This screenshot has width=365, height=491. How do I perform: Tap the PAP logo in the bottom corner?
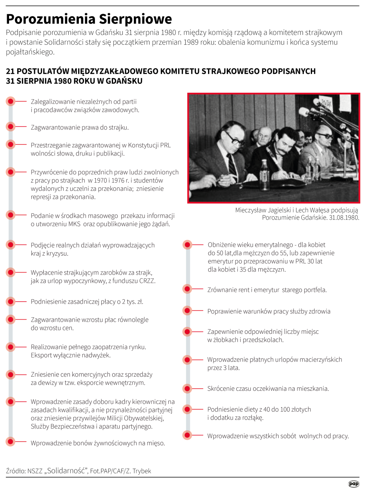click(354, 484)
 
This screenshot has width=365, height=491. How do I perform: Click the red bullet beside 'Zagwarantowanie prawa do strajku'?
click(11, 127)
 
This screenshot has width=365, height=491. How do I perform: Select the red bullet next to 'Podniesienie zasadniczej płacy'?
click(11, 302)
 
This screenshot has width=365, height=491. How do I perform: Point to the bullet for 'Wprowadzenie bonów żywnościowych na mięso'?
click(11, 443)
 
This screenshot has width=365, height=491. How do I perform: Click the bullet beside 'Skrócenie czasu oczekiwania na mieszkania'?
click(187, 388)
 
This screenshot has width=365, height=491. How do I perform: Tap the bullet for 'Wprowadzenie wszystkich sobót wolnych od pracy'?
click(187, 435)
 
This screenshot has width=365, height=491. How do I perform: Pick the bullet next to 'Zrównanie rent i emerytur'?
click(187, 289)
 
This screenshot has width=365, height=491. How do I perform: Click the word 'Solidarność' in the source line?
click(67, 471)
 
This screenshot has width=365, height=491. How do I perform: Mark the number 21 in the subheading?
click(10, 71)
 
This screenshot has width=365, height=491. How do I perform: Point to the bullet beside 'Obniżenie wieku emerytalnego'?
click(187, 245)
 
